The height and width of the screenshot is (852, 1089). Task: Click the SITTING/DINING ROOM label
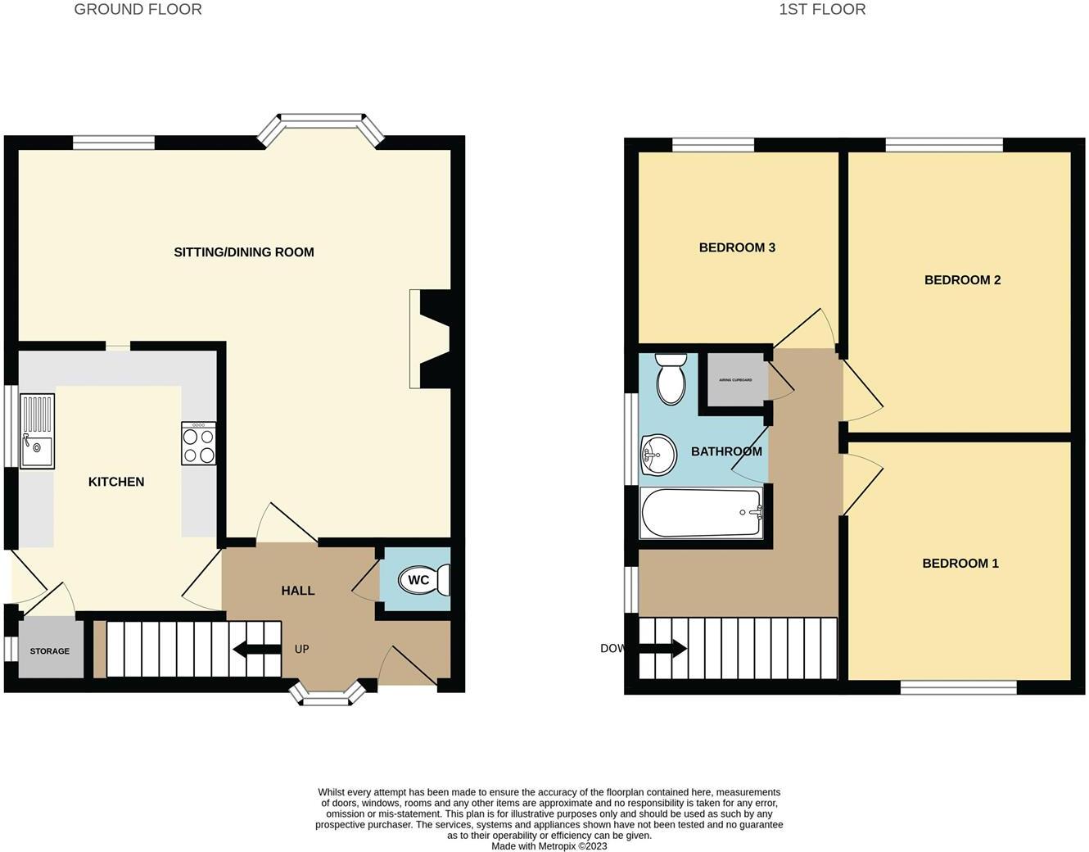click(244, 252)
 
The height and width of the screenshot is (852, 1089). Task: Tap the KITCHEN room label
click(116, 482)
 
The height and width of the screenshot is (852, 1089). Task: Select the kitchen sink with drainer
click(37, 431)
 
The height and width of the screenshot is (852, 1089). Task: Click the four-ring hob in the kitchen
click(199, 444)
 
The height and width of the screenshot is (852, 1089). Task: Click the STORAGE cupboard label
click(50, 651)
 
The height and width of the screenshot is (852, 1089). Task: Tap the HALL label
click(298, 591)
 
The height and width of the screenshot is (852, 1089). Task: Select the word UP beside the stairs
click(301, 649)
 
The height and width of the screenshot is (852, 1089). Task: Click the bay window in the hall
click(328, 697)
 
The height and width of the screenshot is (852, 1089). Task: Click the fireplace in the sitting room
click(429, 338)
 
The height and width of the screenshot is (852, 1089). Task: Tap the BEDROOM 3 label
click(737, 247)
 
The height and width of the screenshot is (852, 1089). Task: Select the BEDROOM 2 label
click(962, 280)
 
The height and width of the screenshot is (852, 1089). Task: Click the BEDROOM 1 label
click(960, 564)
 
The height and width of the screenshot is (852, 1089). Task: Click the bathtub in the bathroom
click(702, 513)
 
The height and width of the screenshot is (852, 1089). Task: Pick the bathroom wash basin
click(657, 453)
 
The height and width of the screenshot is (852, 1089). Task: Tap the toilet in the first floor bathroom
click(671, 378)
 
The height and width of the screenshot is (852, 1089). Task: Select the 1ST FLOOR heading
click(821, 10)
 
